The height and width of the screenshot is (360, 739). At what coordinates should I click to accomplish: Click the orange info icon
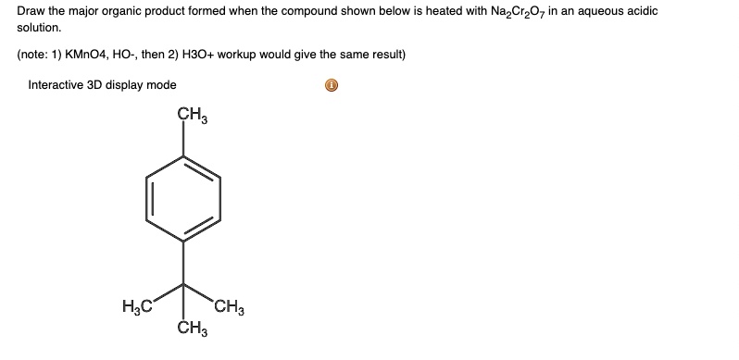pos(332,86)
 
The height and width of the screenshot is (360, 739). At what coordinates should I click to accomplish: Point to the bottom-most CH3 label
pos(192,327)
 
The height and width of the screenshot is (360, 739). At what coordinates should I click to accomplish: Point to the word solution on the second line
pos(38,30)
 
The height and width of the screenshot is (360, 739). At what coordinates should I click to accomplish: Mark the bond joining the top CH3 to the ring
pos(183,140)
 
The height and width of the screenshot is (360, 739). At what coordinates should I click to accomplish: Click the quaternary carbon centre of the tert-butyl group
pos(183,283)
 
